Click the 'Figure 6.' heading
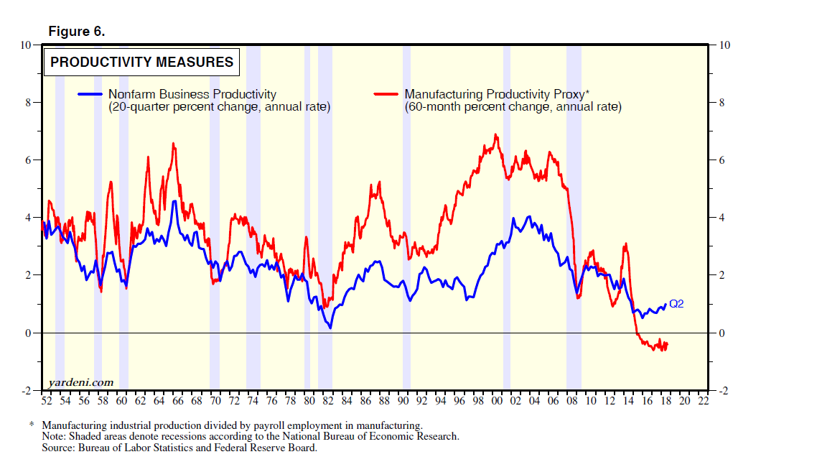(x=76, y=32)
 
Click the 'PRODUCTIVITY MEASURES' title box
(x=141, y=63)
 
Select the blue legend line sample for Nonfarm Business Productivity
(x=90, y=94)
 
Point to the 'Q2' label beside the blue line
(x=676, y=304)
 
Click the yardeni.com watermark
(x=80, y=382)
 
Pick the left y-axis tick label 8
(x=28, y=102)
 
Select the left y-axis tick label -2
(x=26, y=390)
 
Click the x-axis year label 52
(x=47, y=401)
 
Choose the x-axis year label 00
(x=497, y=401)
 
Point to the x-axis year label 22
(x=703, y=401)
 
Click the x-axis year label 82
(x=327, y=401)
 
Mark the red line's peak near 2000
(x=495, y=134)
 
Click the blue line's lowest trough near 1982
(x=330, y=328)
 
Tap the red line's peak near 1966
(x=173, y=144)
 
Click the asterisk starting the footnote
(x=32, y=425)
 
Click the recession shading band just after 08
(x=573, y=216)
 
